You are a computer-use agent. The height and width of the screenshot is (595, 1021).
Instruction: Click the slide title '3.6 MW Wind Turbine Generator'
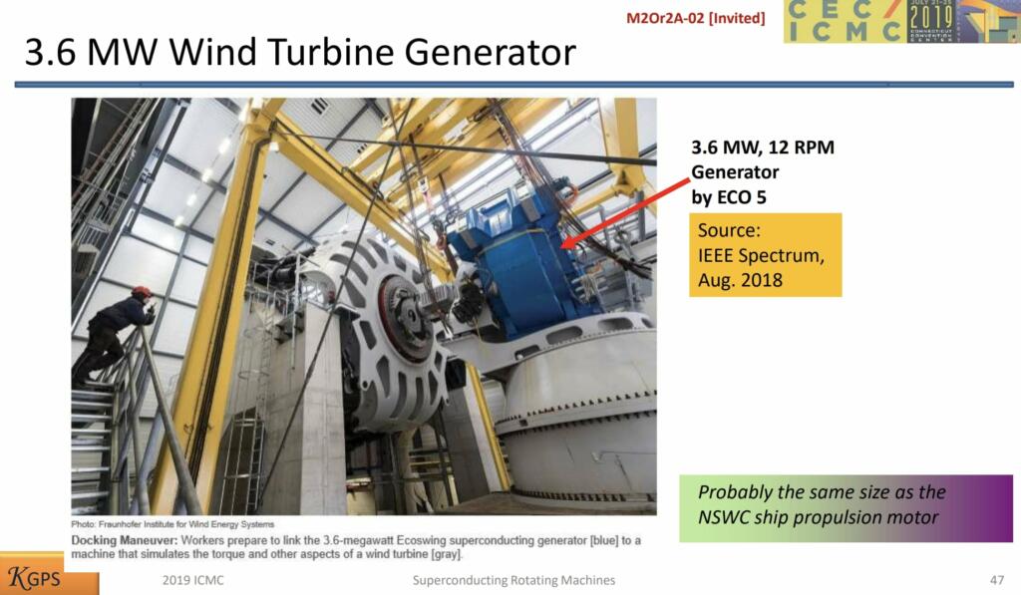300,52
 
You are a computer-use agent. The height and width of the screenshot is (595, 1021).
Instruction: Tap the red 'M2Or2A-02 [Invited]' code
695,18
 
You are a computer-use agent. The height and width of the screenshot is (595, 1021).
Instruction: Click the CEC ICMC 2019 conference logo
901,22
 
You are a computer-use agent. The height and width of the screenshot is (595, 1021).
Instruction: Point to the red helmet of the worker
141,292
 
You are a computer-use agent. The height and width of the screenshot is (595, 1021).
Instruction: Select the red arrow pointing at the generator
626,213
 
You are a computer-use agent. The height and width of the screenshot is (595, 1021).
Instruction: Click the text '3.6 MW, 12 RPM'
763,148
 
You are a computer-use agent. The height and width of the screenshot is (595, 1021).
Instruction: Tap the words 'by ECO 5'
729,197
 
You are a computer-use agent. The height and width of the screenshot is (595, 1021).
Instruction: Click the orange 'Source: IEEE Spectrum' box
765,255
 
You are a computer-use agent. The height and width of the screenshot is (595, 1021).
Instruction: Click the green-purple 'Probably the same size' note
846,508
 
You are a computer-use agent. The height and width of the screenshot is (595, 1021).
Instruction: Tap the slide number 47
997,580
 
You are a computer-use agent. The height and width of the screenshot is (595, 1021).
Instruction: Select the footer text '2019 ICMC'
192,580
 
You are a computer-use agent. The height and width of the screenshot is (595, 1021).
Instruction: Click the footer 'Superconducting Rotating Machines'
513,580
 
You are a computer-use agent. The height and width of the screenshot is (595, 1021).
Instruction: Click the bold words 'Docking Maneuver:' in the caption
125,540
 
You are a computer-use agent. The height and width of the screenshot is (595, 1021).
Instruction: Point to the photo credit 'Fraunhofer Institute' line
172,524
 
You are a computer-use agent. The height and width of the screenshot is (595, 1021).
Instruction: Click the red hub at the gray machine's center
405,320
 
